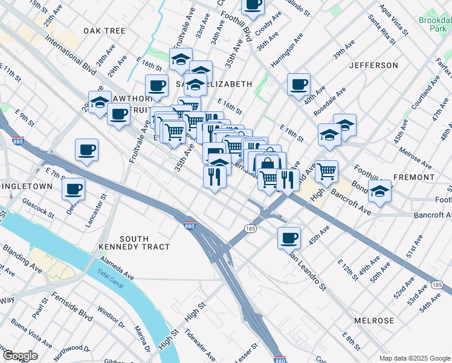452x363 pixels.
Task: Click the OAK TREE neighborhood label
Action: [105, 31]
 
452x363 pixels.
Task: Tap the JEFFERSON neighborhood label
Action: [373, 65]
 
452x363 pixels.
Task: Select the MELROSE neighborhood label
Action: [374, 321]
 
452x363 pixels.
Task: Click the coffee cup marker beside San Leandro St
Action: [289, 237]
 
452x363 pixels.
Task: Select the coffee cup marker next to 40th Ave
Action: [299, 85]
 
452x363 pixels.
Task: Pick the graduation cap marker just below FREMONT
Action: [379, 191]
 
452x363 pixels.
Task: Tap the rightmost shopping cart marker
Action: [326, 171]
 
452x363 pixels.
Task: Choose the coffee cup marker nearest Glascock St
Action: [74, 189]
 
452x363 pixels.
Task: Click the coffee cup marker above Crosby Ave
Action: [253, 5]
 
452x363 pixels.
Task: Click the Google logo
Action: [19, 356]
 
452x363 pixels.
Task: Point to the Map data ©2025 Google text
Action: [415, 358]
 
